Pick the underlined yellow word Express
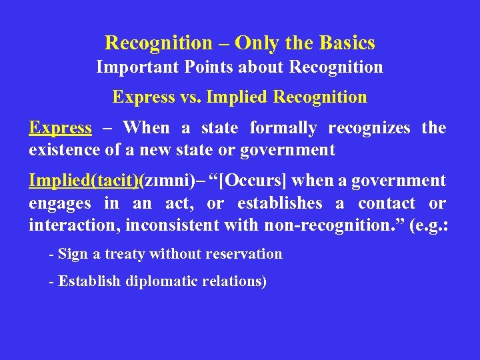coord(60,127)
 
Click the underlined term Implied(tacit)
coord(83,181)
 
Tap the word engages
coord(59,203)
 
